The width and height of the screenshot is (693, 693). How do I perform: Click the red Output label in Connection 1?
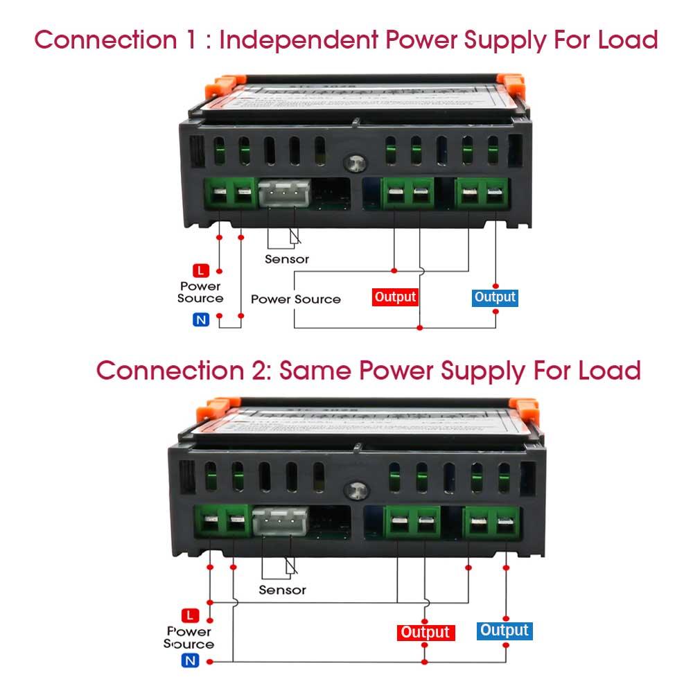pyautogui.click(x=396, y=297)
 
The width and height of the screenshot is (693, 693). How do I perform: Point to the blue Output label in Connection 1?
pyautogui.click(x=495, y=297)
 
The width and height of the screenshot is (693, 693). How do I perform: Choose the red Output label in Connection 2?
pyautogui.click(x=426, y=632)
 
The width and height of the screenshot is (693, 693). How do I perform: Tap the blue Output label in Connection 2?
pyautogui.click(x=505, y=631)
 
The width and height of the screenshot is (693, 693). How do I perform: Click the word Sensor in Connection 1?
pyautogui.click(x=287, y=259)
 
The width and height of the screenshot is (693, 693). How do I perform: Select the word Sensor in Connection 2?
pyautogui.click(x=282, y=590)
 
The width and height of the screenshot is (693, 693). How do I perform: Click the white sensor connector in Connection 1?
pyautogui.click(x=283, y=193)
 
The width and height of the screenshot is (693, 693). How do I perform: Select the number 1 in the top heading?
pyautogui.click(x=190, y=40)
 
